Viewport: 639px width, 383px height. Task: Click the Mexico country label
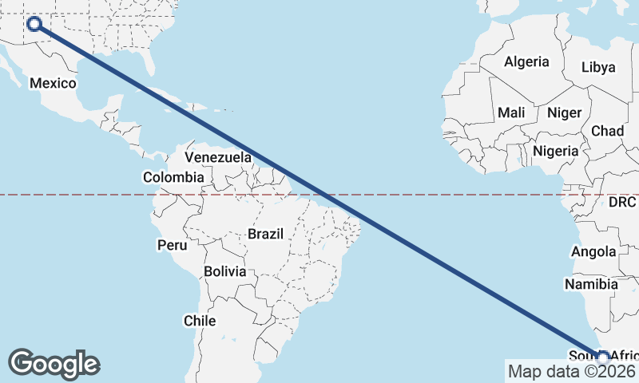click(53, 83)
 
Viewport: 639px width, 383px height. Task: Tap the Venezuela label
click(218, 157)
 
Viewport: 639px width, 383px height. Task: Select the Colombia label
click(173, 177)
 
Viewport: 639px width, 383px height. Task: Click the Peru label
click(171, 245)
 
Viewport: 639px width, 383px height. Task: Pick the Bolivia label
click(224, 271)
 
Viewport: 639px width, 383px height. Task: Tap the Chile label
click(200, 321)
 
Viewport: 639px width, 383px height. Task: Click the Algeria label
click(526, 61)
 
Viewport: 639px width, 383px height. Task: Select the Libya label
click(598, 67)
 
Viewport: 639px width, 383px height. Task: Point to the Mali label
click(511, 113)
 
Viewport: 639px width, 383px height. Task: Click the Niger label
click(564, 113)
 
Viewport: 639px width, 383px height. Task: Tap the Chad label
click(607, 131)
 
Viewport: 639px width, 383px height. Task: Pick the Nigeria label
click(555, 151)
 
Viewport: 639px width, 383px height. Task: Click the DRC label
click(621, 203)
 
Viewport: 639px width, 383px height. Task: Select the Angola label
click(594, 252)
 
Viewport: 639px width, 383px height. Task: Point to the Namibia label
click(591, 284)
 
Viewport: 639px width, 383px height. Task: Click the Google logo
click(54, 363)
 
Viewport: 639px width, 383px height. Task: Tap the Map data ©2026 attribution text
click(571, 371)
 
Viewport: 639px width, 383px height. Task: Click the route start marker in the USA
click(34, 23)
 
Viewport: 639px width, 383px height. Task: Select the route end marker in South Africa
click(603, 357)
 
